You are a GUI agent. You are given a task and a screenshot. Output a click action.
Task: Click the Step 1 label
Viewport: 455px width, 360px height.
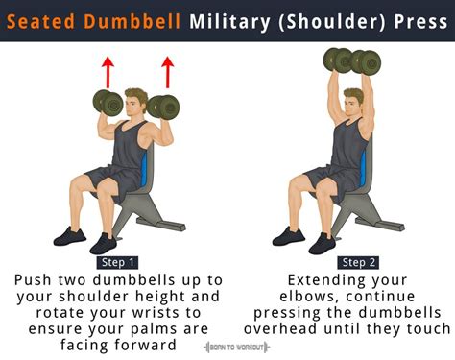[x=116, y=262]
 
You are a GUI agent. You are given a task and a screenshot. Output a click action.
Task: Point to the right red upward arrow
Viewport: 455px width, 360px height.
[x=170, y=71]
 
